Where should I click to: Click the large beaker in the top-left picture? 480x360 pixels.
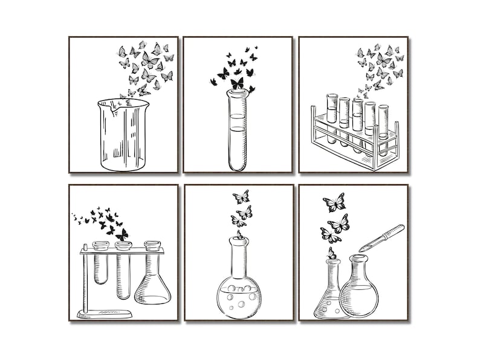point(123,135)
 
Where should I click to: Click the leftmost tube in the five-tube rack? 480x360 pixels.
point(331,118)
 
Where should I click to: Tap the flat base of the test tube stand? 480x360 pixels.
point(105,313)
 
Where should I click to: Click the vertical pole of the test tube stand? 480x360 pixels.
point(85,278)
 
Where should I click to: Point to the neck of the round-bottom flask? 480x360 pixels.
point(239,257)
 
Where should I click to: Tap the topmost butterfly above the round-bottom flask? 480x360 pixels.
point(241,197)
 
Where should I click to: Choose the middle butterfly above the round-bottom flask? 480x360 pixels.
point(244,212)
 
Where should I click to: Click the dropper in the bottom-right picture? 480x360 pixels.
point(382,238)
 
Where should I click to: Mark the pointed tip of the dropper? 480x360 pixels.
point(361,249)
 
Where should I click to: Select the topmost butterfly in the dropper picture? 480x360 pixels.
point(334,202)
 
